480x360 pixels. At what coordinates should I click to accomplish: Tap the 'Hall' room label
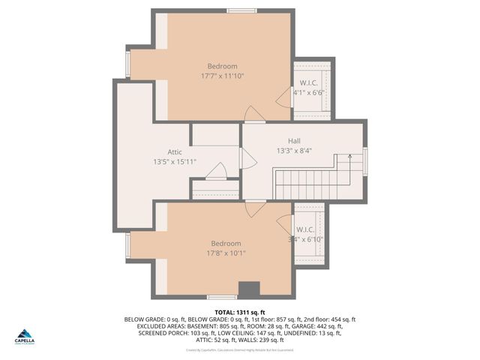coord(294,140)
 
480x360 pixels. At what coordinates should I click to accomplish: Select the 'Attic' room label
coord(174,151)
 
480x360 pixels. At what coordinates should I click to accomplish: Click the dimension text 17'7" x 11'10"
coord(222,76)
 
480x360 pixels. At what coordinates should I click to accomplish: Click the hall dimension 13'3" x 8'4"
coord(294,150)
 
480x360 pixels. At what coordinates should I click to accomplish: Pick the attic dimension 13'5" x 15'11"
coord(175,161)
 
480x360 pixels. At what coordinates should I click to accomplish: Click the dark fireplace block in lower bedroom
coord(248,290)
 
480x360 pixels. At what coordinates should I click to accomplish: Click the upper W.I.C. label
coord(309,82)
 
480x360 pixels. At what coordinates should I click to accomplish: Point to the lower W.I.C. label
coord(305,229)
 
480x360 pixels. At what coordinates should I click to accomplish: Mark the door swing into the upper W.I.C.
coord(284,97)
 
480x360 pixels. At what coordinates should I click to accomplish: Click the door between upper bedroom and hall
coord(254,114)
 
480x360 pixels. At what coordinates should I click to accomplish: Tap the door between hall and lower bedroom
coord(255,208)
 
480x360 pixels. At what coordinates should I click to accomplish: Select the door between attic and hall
coord(247,158)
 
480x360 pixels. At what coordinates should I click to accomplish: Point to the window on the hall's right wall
coord(365,161)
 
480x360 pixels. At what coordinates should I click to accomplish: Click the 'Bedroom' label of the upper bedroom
coord(222,66)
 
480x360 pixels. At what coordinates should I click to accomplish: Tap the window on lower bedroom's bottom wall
coord(221,298)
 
